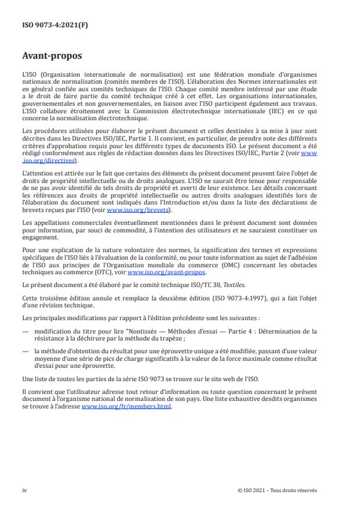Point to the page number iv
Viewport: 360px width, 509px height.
(24, 490)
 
